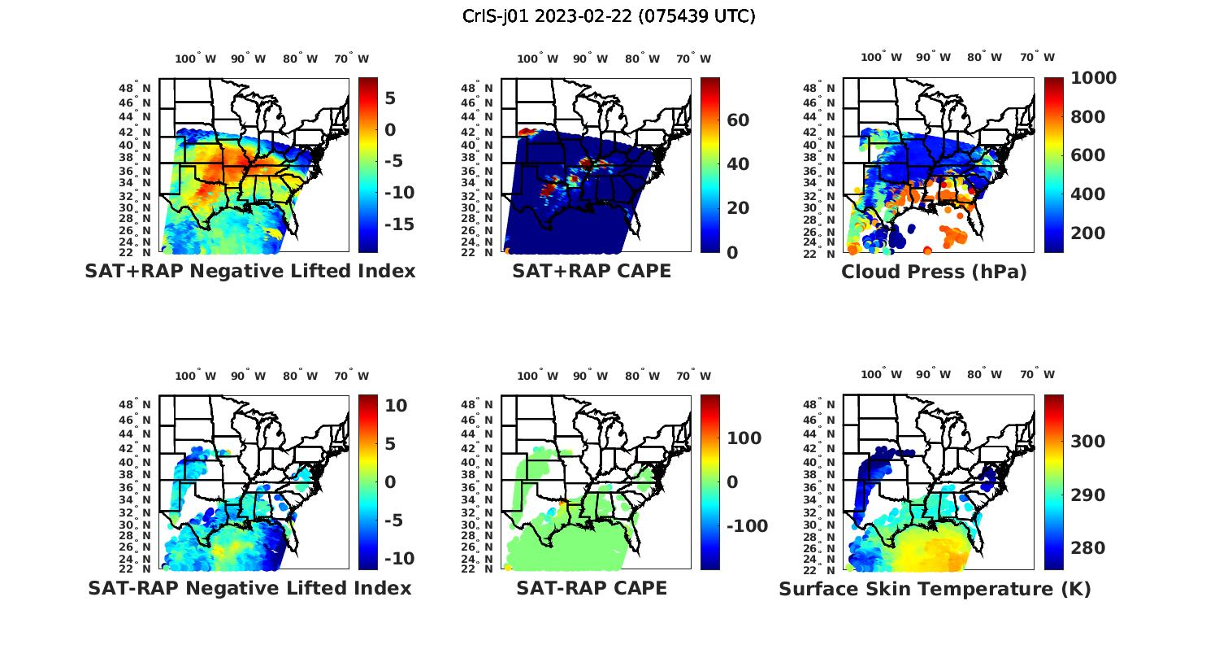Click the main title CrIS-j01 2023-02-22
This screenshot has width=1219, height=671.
pos(609,15)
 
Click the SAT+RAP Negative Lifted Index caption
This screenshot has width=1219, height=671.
pos(249,271)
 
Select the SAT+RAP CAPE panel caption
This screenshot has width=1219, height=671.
pos(592,271)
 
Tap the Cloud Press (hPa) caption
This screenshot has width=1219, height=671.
pos(934,272)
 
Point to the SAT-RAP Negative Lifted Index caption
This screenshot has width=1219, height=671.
pos(249,588)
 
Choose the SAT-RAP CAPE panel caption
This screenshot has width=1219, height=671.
pos(592,588)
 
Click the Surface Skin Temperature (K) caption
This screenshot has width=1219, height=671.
pos(935,589)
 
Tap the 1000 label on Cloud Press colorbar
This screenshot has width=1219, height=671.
pos(1093,78)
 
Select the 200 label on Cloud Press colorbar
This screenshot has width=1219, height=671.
pos(1088,233)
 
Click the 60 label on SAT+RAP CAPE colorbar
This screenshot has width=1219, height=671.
pos(738,120)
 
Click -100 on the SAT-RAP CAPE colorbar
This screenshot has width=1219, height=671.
pos(746,526)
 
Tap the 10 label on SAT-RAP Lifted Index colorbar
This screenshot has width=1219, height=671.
pos(396,406)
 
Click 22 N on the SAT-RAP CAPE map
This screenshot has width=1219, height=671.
pos(477,569)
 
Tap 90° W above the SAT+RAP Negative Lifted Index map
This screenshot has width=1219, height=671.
pos(249,59)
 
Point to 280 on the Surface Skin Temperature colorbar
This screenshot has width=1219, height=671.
pos(1088,548)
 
